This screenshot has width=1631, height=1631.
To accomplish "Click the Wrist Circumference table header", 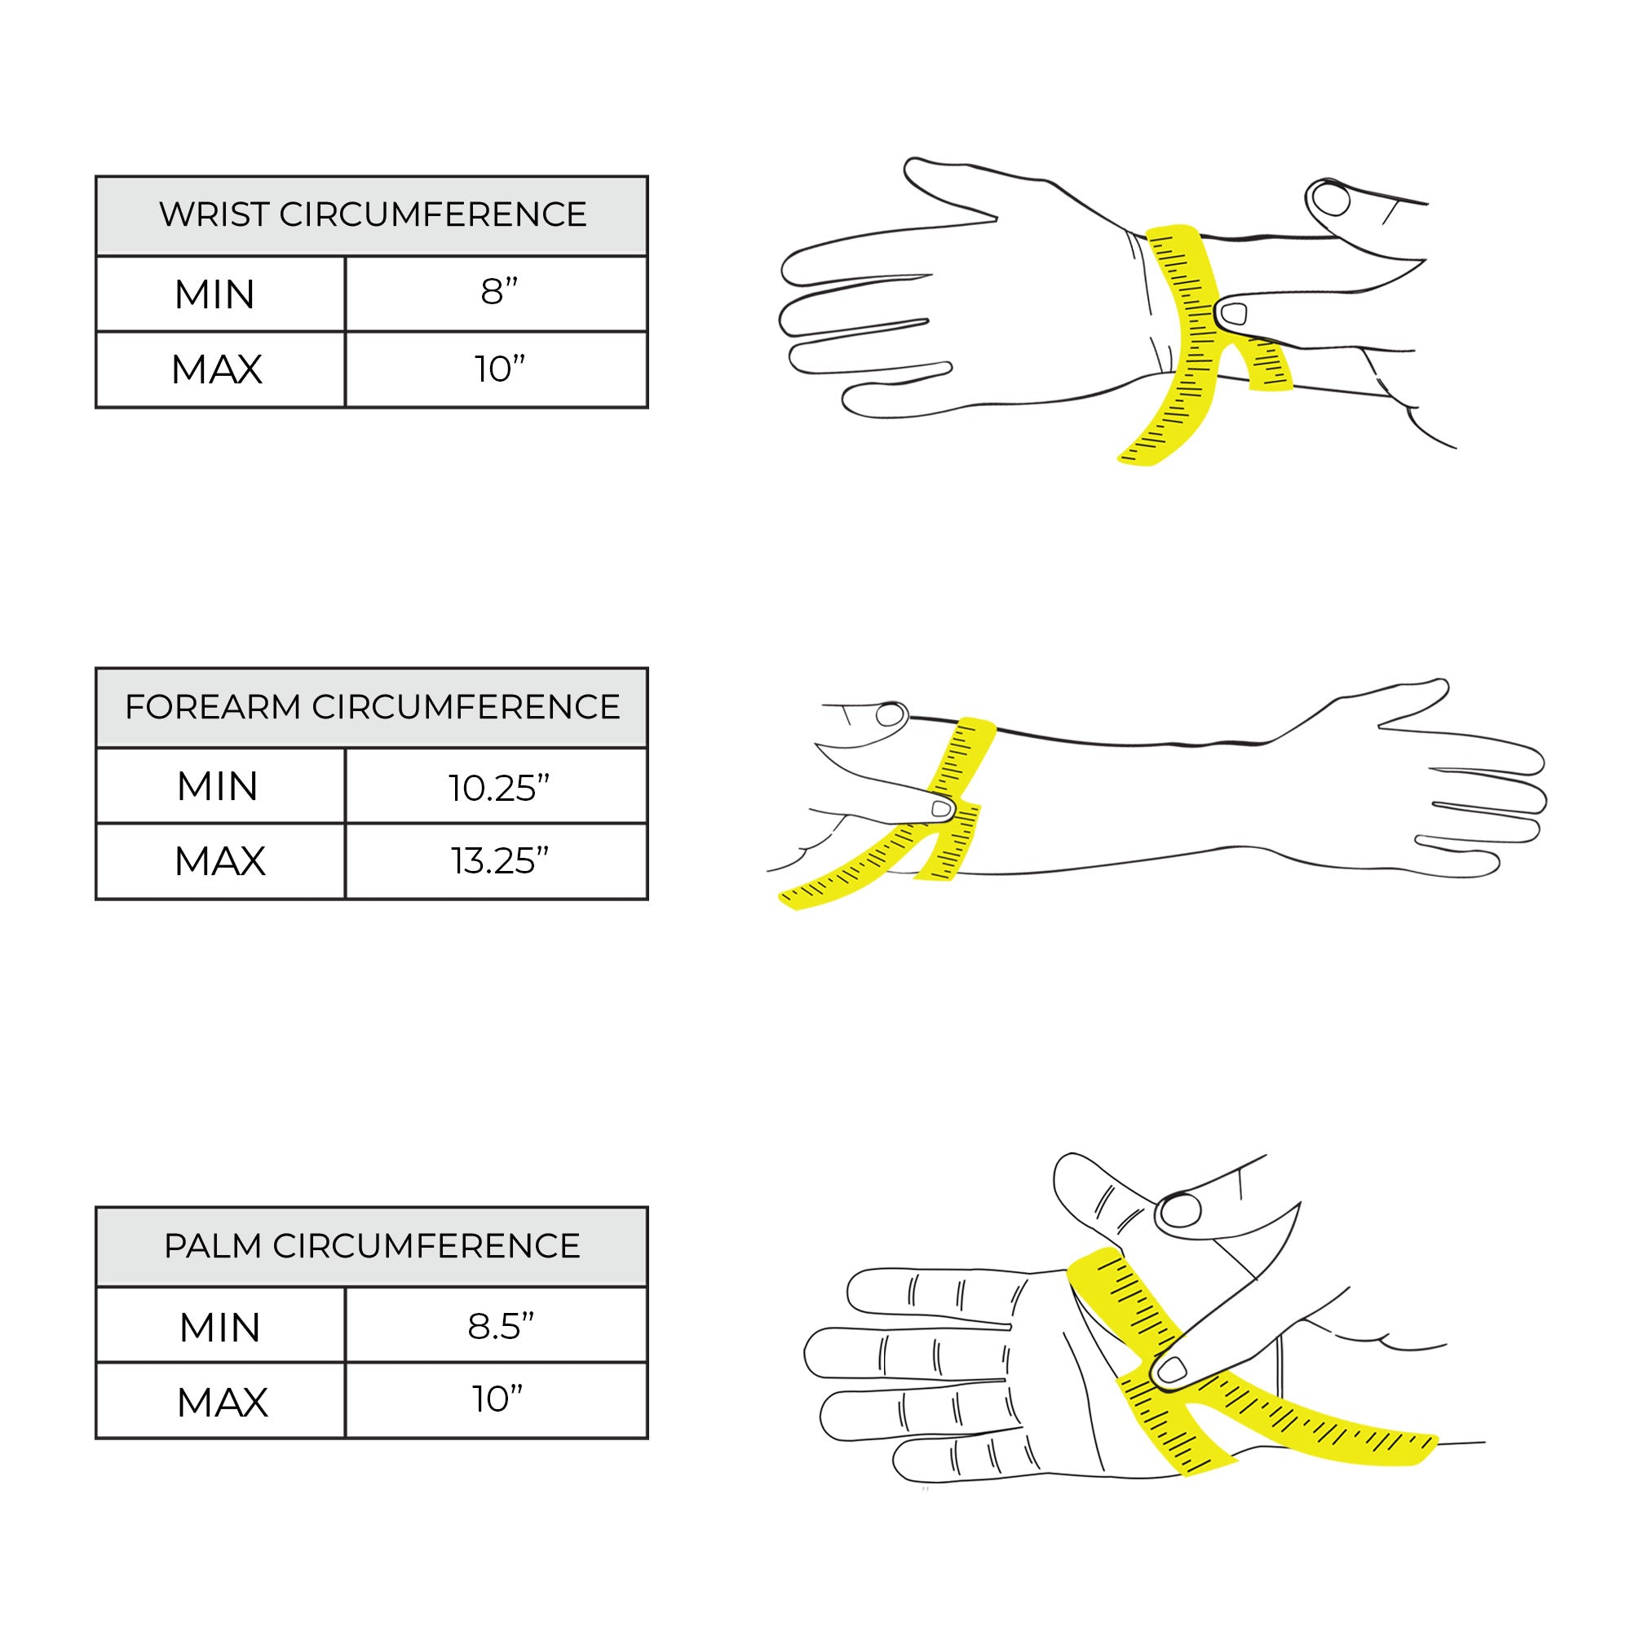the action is coord(373,214).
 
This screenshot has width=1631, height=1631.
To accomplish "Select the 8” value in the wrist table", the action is coord(499,292).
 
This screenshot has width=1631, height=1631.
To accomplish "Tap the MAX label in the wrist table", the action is coord(217,369).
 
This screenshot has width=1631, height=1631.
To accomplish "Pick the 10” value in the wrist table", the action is coord(499,369).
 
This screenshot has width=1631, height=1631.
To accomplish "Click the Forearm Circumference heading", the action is coord(373,706).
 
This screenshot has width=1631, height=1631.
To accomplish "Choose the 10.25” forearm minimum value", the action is coord(499,788).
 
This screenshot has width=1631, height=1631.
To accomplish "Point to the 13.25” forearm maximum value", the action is coord(499,861).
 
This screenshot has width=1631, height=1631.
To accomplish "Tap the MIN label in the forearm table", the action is coord(217,787).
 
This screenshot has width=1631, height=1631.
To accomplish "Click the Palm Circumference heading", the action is coord(373,1246).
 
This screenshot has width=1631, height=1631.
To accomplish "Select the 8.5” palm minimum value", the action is coord(501,1326).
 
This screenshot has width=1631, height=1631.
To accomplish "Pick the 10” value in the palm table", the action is coord(497,1399).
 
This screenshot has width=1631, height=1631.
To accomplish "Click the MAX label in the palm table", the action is coord(222,1403).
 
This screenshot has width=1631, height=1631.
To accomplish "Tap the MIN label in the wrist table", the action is coord(214,295).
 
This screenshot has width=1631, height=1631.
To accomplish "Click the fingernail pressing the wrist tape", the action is coord(1234,314).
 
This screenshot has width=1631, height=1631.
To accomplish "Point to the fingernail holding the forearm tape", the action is coord(941,810).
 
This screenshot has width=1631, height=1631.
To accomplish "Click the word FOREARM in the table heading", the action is coord(213,706).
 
